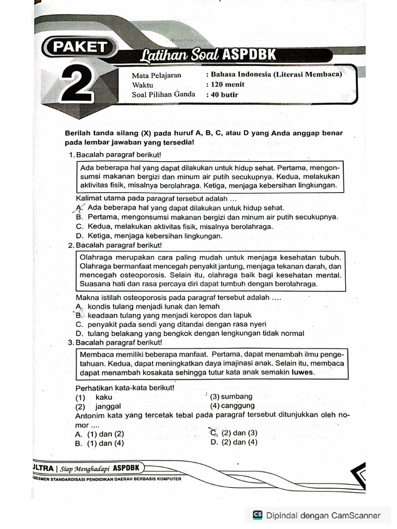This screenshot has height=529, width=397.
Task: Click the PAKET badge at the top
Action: (78, 47)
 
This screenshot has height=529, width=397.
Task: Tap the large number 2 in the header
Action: (78, 84)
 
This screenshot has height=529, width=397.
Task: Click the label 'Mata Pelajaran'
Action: (157, 74)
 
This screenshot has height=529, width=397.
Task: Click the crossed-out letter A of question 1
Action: (79, 208)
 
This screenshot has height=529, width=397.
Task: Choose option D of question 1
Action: (79, 236)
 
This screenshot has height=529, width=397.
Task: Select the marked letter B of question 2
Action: (79, 315)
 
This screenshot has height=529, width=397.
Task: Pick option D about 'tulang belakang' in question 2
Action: (79, 333)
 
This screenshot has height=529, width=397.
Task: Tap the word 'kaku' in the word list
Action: (104, 397)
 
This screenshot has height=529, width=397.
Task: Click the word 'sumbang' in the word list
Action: (237, 396)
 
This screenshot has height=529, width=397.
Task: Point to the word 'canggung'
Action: (238, 406)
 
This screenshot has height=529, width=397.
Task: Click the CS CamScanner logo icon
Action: (257, 515)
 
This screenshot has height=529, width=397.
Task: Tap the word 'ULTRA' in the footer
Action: (42, 468)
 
